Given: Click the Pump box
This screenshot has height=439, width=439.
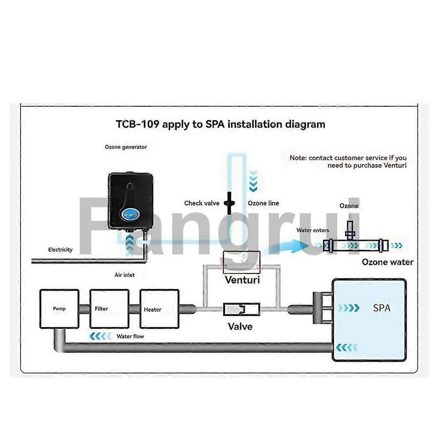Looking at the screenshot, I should point(59,309).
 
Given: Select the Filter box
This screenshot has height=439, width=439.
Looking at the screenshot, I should point(109,309).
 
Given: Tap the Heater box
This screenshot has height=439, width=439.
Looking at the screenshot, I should point(159,309).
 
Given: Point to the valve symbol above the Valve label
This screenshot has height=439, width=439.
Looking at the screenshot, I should point(241,309).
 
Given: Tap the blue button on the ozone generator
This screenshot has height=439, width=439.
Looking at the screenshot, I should point(129,212).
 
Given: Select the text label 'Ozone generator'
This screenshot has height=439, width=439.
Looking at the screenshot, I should point(126,147).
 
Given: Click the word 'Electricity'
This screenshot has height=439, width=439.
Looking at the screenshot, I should point(60,250).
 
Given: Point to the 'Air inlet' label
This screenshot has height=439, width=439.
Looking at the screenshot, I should point(124,275).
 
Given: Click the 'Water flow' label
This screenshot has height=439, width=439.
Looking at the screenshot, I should point(130,337).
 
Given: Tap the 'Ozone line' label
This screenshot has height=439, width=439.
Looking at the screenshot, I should point(263,203).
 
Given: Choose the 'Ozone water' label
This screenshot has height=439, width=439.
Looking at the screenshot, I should point(388,262).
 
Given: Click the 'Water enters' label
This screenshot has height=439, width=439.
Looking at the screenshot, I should point(313,231).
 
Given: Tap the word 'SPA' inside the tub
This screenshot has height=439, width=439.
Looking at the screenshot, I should point(382,308).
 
